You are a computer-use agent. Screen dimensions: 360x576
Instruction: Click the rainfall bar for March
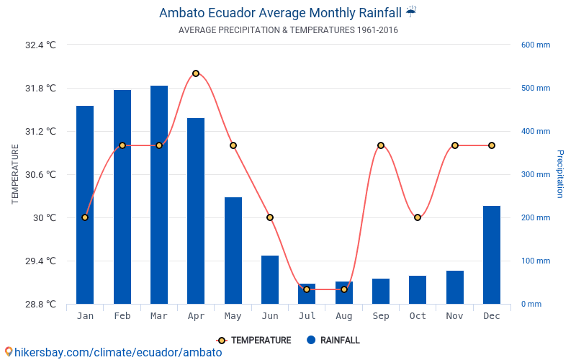pyautogui.click(x=159, y=194)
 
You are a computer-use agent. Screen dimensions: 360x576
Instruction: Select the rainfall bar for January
pyautogui.click(x=85, y=204)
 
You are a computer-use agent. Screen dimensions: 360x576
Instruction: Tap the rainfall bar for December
pyautogui.click(x=492, y=255)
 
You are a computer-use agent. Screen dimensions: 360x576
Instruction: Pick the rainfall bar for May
pyautogui.click(x=233, y=251)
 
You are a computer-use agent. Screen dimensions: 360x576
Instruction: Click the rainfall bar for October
pyautogui.click(x=418, y=289)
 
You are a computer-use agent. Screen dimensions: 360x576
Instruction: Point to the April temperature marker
pyautogui.click(x=196, y=73)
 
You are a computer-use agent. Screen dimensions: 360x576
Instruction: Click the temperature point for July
pyautogui.click(x=307, y=289)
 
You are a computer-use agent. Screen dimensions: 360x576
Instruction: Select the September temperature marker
pyautogui.click(x=381, y=145)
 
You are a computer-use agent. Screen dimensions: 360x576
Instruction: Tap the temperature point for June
pyautogui.click(x=270, y=217)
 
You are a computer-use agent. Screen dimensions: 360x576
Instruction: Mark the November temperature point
pyautogui.click(x=455, y=145)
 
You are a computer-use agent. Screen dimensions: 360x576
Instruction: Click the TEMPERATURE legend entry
pyautogui.click(x=254, y=341)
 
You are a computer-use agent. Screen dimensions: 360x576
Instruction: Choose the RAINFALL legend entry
pyautogui.click(x=333, y=341)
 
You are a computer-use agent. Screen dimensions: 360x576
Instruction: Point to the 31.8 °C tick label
pyautogui.click(x=41, y=89)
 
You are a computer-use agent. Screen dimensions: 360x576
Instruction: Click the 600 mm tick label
pyautogui.click(x=536, y=45)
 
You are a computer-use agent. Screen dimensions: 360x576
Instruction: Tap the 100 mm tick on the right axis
pyautogui.click(x=536, y=261)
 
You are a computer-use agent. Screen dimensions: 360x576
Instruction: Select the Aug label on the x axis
pyautogui.click(x=343, y=316)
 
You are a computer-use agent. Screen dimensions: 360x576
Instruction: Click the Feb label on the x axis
pyautogui.click(x=122, y=316)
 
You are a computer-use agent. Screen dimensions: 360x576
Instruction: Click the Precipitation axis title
pyautogui.click(x=559, y=174)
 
